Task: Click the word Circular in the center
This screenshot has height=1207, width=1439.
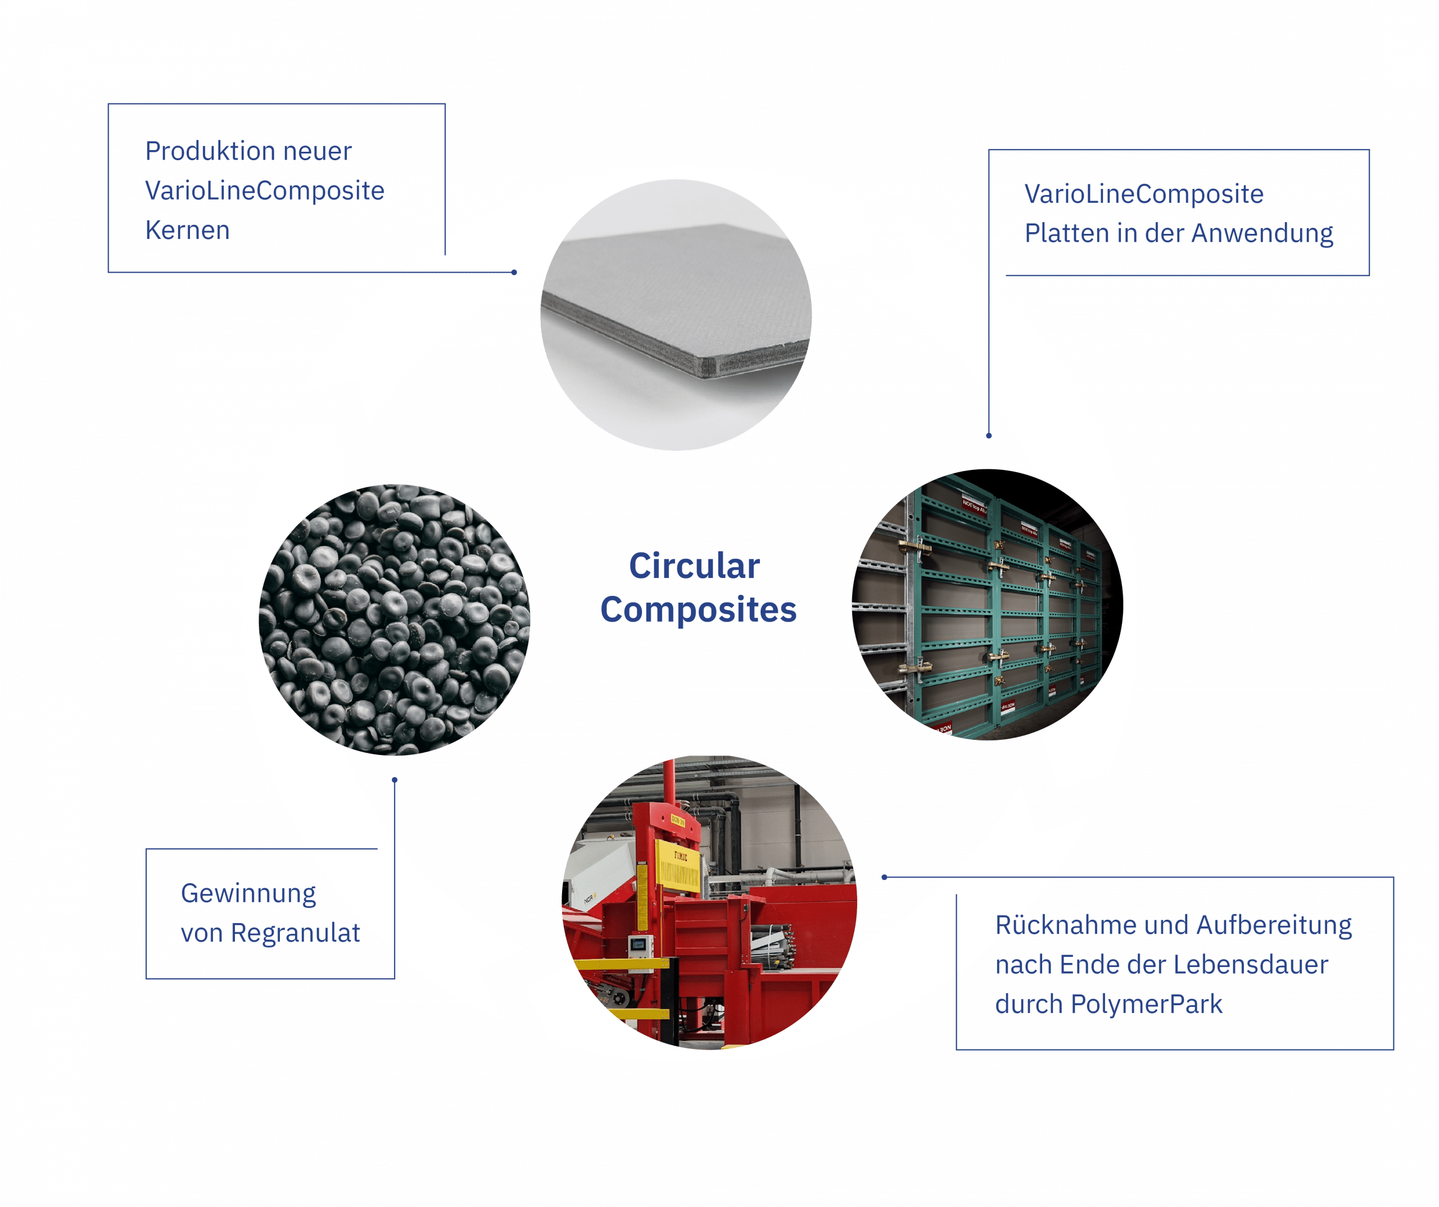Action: (694, 567)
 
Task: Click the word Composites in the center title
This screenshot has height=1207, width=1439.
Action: (698, 610)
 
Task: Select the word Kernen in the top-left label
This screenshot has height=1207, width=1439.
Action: (188, 231)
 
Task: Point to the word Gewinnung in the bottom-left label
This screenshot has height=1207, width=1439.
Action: (248, 893)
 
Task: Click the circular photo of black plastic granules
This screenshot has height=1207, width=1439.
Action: (395, 620)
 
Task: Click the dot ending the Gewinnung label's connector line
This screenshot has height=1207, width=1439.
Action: (394, 779)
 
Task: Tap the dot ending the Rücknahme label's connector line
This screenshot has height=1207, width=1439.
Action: (884, 876)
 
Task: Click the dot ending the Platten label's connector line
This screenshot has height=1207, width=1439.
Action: (988, 436)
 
